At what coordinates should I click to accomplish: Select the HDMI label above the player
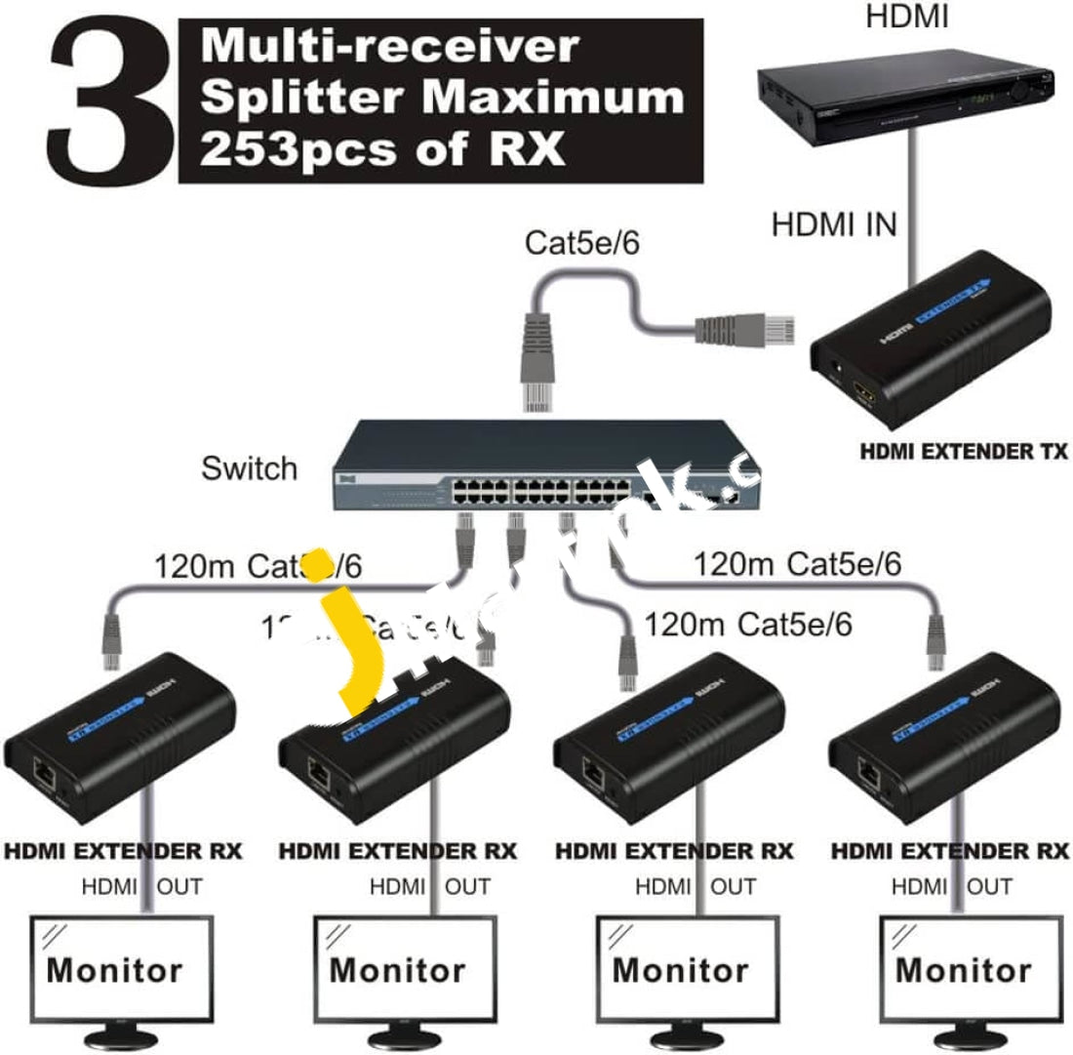(907, 17)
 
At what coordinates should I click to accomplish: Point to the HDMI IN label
(834, 225)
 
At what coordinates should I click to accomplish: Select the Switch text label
(249, 468)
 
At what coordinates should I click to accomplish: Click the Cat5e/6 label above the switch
(582, 243)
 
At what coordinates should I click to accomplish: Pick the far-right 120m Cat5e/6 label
(797, 564)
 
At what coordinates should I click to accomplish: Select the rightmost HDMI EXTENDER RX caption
(949, 851)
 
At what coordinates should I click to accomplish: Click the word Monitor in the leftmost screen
(114, 971)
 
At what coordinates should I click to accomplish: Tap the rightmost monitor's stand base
(964, 1037)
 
